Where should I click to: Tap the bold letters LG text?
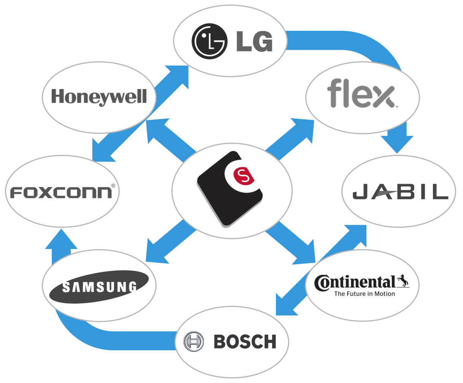point(254,41)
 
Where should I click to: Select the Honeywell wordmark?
point(99,97)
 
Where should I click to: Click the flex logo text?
point(360,94)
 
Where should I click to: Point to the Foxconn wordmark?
point(61,192)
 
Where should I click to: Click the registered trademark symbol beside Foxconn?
point(113,186)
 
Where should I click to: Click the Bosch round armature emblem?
point(193,341)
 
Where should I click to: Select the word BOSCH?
point(245,342)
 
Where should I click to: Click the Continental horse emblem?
point(403,281)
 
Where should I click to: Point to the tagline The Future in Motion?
point(364,294)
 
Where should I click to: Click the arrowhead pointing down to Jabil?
point(397,143)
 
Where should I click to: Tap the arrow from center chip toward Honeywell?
point(167,137)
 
